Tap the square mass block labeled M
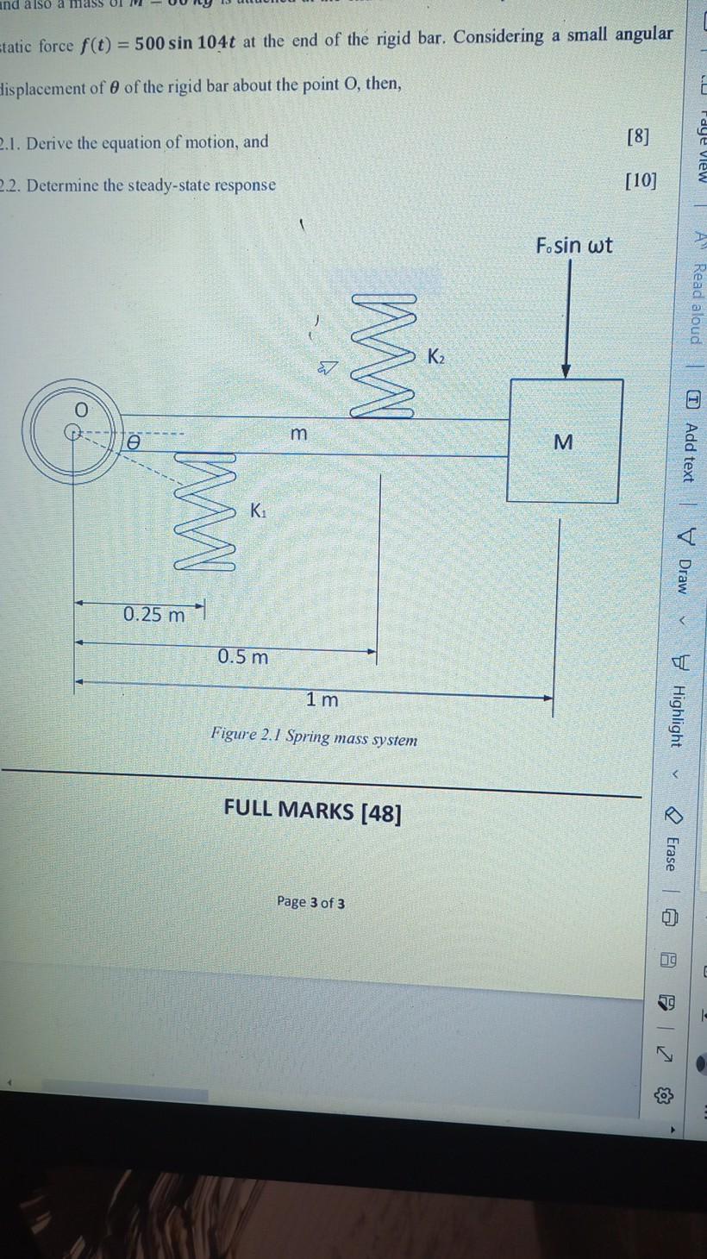[x=564, y=441]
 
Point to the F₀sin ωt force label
[x=573, y=245]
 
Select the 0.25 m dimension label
[x=153, y=615]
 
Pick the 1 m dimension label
[x=322, y=700]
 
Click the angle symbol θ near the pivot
[x=134, y=442]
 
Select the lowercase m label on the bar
[x=297, y=435]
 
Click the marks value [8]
[x=639, y=136]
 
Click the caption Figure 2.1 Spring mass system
[x=314, y=738]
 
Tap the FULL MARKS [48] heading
[x=312, y=811]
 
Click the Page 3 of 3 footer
[x=311, y=902]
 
